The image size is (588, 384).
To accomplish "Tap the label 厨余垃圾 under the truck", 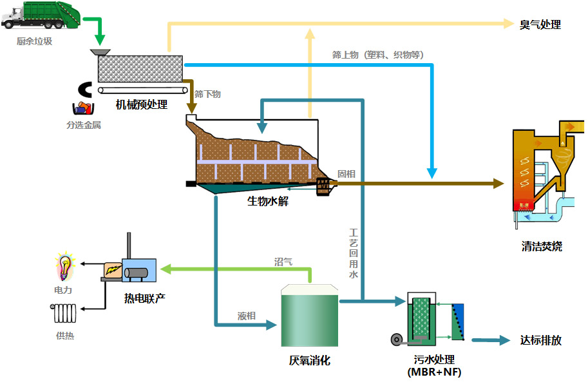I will [x=34, y=41].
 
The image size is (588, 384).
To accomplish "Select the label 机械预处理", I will [x=141, y=104].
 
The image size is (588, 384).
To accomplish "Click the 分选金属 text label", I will [x=83, y=125].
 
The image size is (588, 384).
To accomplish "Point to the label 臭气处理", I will [x=540, y=25].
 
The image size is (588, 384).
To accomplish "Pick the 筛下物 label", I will [x=207, y=94].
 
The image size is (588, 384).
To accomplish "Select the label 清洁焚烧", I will [x=542, y=246].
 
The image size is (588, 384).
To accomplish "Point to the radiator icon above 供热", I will [x=64, y=313].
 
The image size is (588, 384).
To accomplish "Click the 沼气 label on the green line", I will [x=283, y=262].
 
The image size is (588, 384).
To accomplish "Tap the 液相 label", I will [x=247, y=316].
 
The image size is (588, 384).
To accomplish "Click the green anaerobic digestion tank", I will [x=309, y=318].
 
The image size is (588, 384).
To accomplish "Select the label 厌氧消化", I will [x=309, y=361].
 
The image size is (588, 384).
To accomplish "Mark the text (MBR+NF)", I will [x=435, y=372].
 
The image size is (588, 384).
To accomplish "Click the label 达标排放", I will [x=540, y=341].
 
